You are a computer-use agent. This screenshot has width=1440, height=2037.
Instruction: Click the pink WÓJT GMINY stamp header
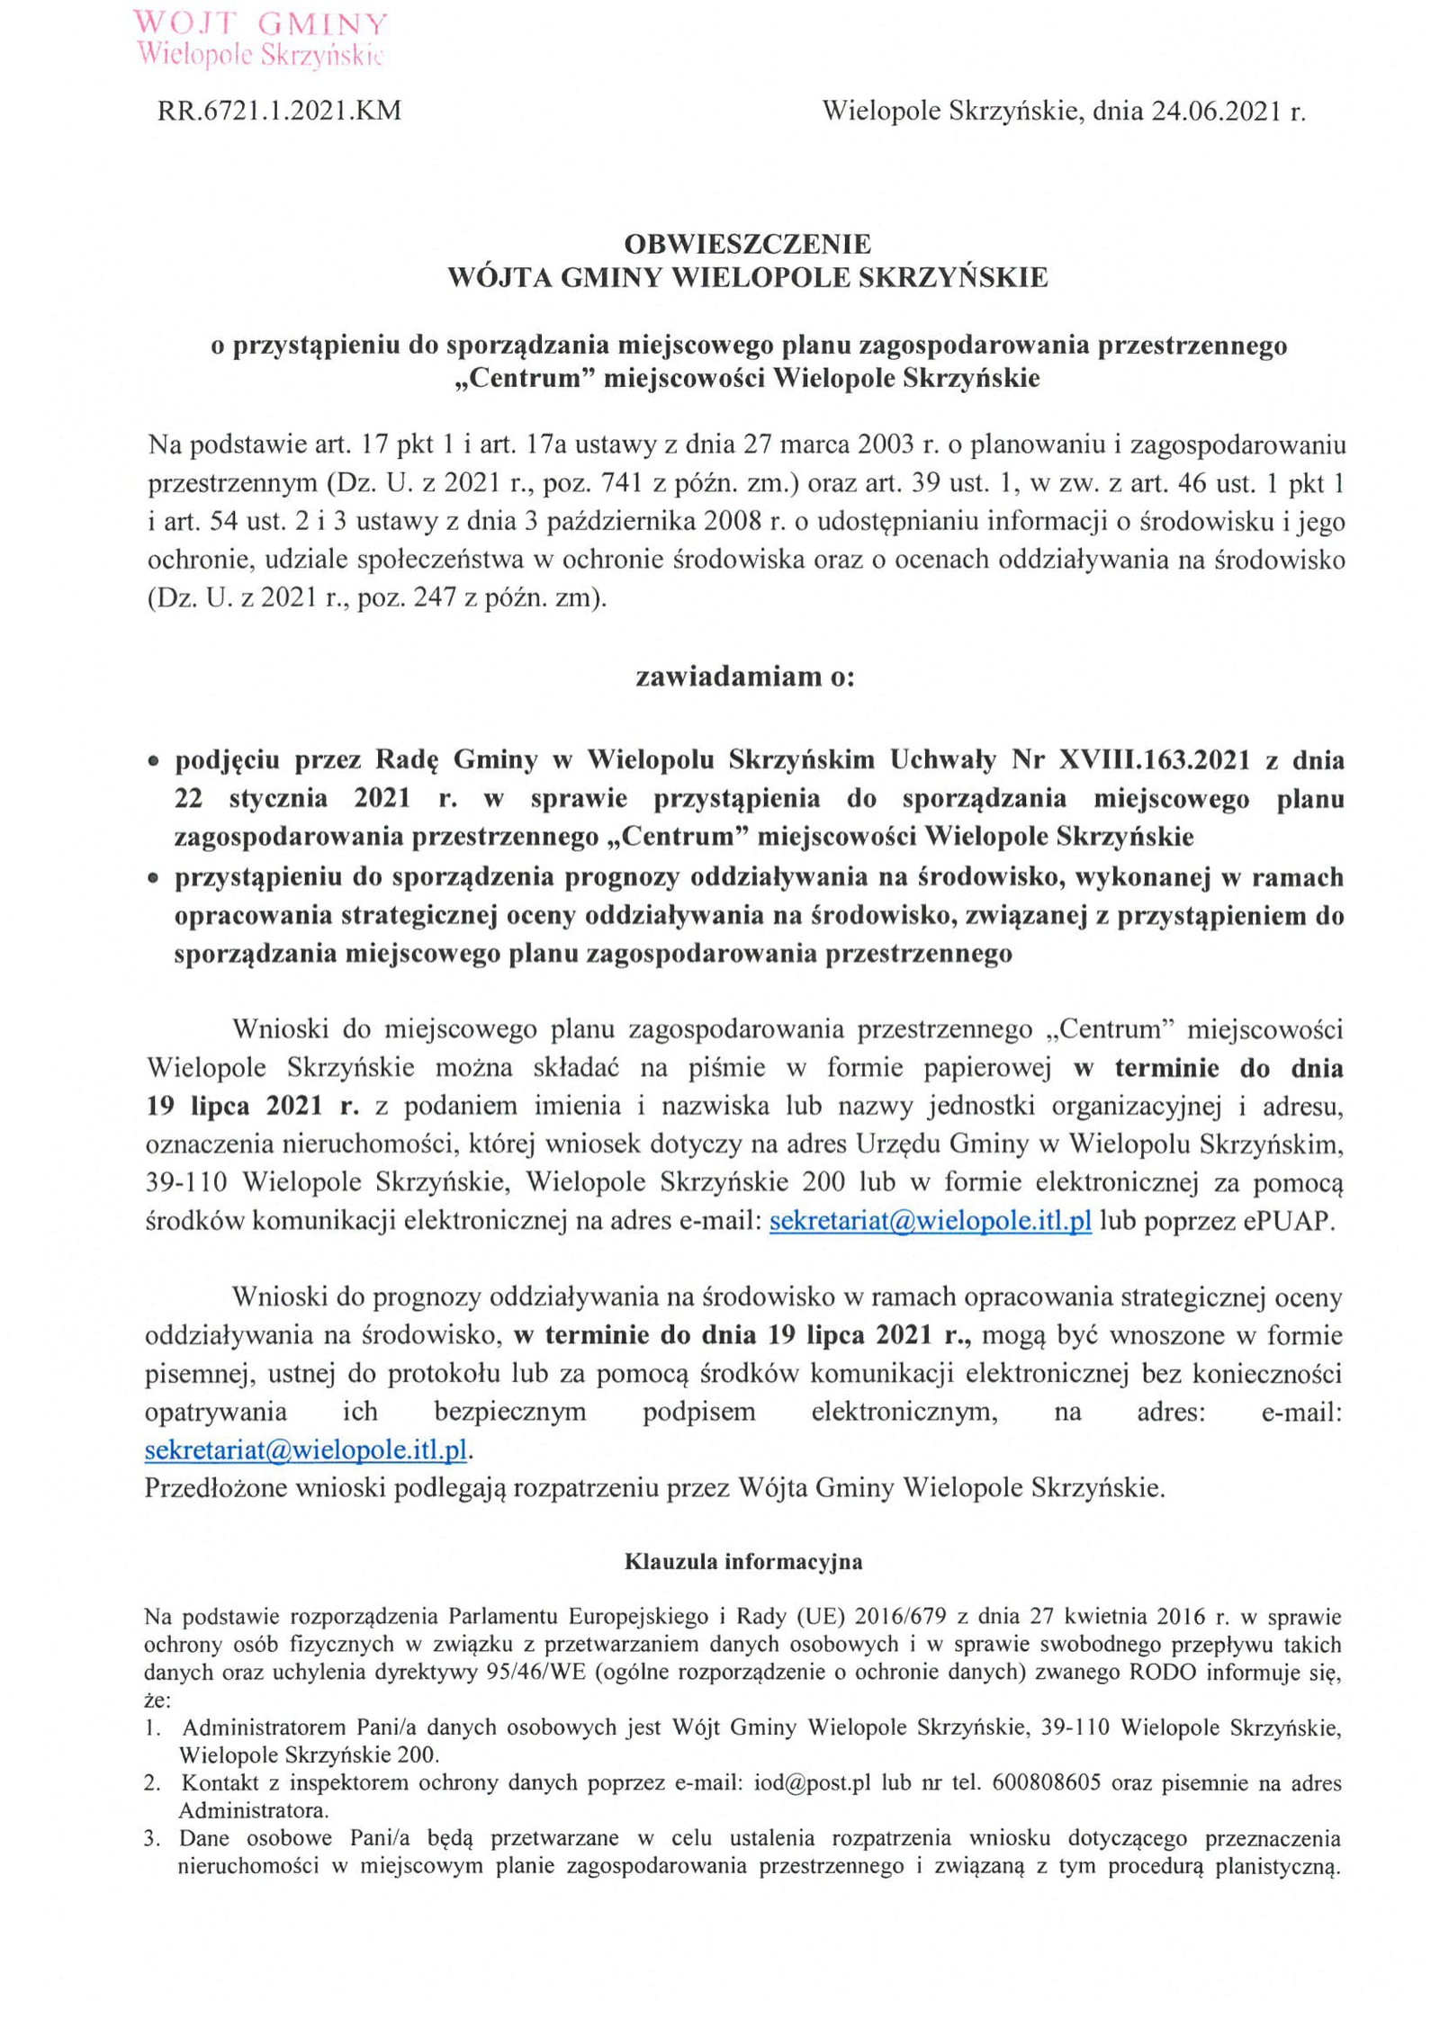tap(259, 38)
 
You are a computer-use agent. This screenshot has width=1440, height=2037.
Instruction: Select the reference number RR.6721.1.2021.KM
tap(280, 112)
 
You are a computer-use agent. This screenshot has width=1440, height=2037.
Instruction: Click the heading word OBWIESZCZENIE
tap(747, 244)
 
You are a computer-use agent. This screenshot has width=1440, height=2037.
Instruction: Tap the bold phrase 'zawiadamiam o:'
tap(745, 677)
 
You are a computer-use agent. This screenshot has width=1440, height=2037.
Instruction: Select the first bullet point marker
tap(154, 762)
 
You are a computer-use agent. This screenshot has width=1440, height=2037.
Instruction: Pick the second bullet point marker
tap(154, 878)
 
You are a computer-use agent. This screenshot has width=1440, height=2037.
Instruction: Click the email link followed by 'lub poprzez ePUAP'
tap(931, 1221)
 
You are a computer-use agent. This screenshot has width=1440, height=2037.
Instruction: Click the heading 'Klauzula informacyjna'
tap(743, 1562)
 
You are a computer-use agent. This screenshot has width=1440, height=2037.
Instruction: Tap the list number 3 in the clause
tap(152, 1838)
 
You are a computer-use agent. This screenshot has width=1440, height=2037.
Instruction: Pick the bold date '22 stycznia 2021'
tap(282, 799)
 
